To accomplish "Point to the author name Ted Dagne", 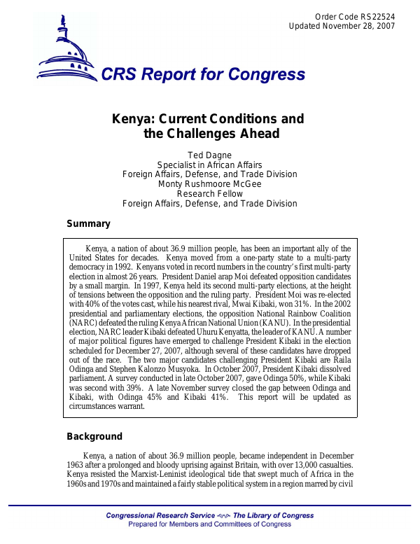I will (209, 155).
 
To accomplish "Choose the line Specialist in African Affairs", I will (209, 165).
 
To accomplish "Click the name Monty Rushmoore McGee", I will (209, 184).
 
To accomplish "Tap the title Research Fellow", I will (209, 194).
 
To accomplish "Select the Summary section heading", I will (88, 224).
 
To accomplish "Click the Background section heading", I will (94, 437).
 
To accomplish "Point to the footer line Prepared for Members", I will (209, 524).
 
